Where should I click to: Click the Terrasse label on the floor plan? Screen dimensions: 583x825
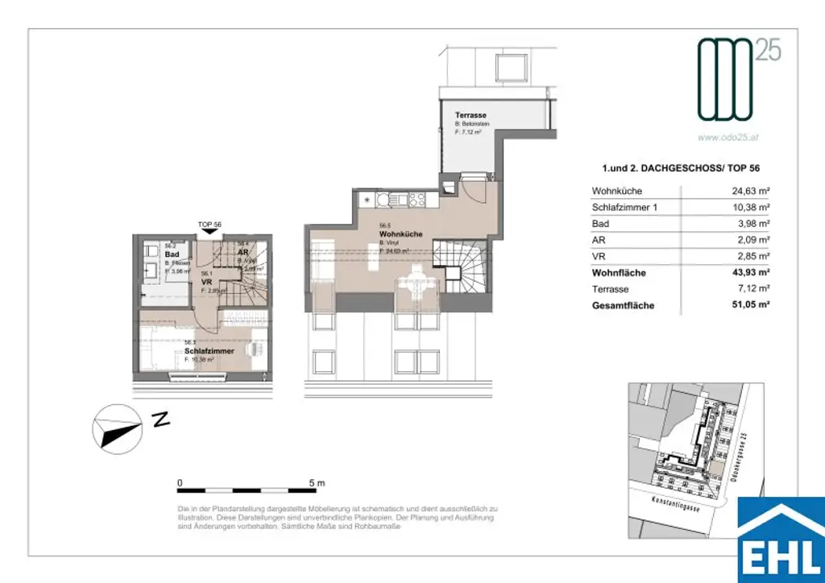point(471,116)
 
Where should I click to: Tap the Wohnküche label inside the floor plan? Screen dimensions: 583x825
point(400,234)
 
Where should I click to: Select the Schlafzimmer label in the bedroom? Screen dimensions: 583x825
point(209,351)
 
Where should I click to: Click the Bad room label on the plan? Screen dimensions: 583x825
point(150,253)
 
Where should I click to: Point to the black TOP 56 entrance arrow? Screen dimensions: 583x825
point(209,231)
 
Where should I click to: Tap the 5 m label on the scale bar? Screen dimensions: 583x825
point(317,482)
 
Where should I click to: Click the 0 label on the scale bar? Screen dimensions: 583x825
point(180,482)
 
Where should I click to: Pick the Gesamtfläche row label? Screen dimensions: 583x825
point(623,305)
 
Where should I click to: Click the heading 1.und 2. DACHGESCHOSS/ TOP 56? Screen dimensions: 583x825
point(681,168)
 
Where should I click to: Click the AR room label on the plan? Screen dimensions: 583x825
point(243,251)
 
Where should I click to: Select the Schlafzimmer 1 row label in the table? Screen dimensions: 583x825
point(625,208)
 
